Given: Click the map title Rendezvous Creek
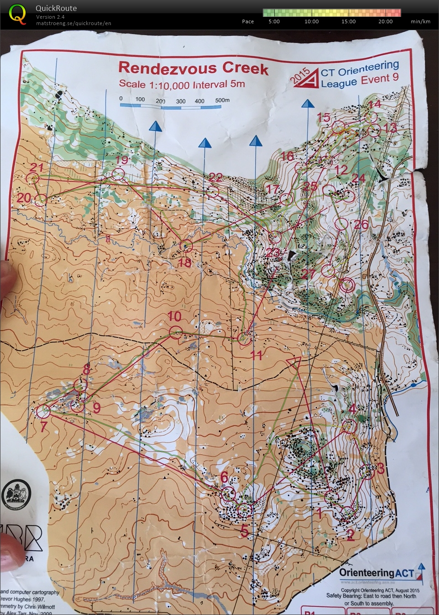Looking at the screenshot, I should [x=193, y=68].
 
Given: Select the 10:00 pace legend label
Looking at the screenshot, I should [x=312, y=21].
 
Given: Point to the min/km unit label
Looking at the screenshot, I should [x=420, y=21].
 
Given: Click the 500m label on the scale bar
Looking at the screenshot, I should [x=222, y=100].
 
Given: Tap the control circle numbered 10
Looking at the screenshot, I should [x=176, y=332].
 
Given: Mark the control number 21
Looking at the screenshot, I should [x=36, y=167].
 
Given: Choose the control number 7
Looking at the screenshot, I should [x=43, y=427].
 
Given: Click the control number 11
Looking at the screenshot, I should [x=256, y=355].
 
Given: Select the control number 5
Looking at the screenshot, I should [x=245, y=531].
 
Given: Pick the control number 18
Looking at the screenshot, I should [x=185, y=263].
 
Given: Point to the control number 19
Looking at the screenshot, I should [x=122, y=160].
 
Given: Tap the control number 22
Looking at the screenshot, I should [x=215, y=177].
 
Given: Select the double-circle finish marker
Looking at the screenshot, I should [x=347, y=285].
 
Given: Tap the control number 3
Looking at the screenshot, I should [x=381, y=468].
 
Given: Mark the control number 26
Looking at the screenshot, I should [x=361, y=224].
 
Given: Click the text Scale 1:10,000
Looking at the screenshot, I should [x=154, y=84].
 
